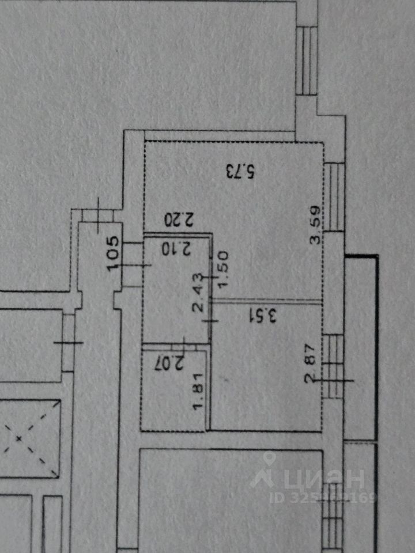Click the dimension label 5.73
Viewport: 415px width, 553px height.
[240, 171]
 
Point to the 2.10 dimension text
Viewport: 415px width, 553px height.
[178, 249]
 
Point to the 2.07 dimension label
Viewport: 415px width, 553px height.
[167, 363]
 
